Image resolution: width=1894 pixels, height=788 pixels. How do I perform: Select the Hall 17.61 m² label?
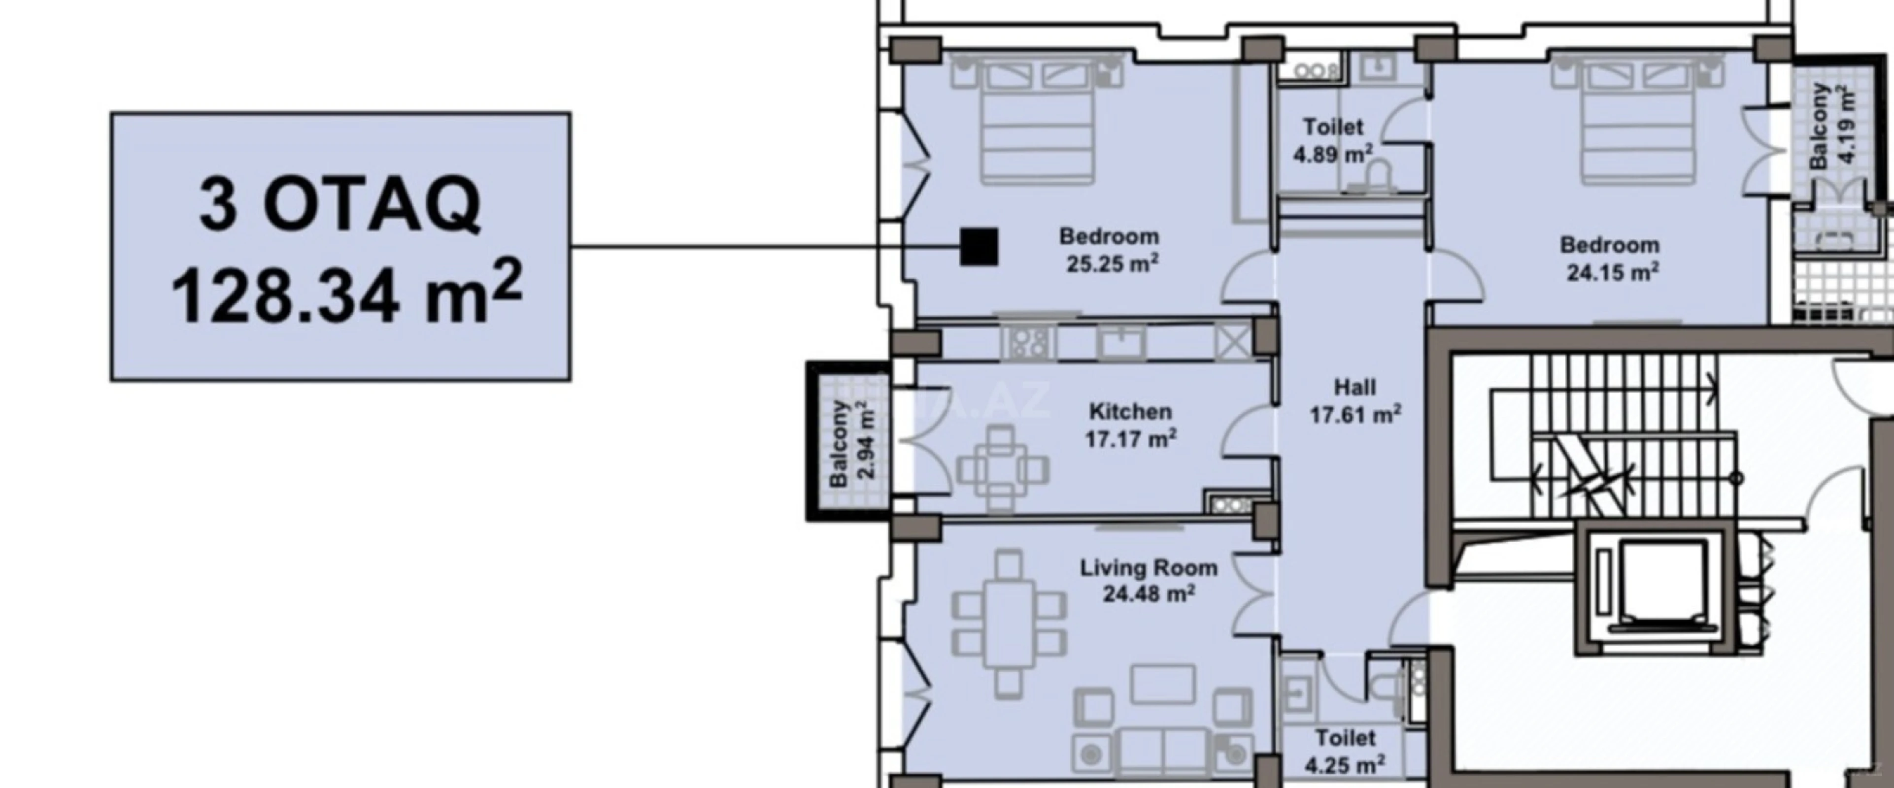pyautogui.click(x=1355, y=401)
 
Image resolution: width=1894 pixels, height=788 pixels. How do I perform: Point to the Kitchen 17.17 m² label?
pyautogui.click(x=1131, y=426)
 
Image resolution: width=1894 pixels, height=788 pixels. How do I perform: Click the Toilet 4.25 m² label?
pyautogui.click(x=1346, y=751)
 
